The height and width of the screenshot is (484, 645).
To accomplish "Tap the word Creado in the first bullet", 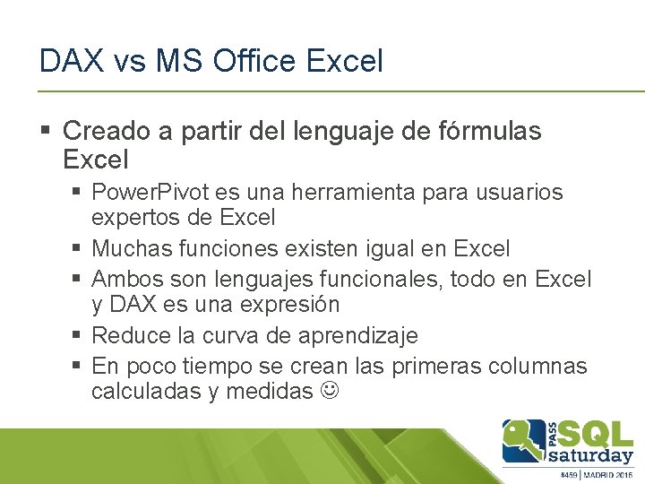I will (107, 132).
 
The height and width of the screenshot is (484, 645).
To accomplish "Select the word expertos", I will (133, 217).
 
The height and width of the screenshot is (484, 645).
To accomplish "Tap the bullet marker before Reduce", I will (79, 336).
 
